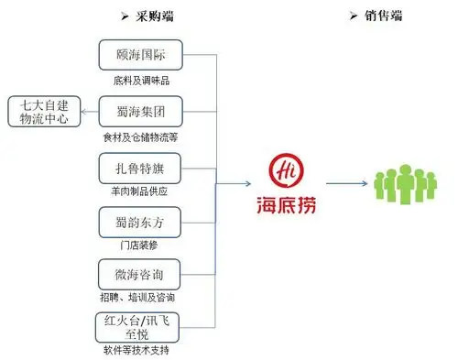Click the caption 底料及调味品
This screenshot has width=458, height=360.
pos(141,81)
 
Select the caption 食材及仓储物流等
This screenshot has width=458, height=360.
pos(143,136)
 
